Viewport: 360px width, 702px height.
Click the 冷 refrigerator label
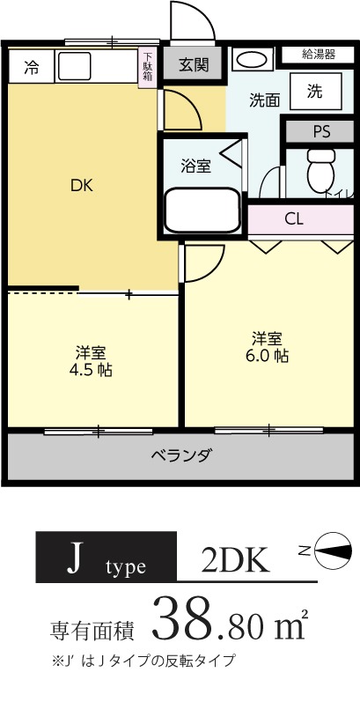pyautogui.click(x=32, y=66)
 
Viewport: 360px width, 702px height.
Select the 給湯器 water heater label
pyautogui.click(x=319, y=54)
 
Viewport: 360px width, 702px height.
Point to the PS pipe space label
pyautogui.click(x=321, y=132)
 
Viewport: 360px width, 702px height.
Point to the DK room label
pyautogui.click(x=81, y=186)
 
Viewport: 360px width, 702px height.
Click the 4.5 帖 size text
pyautogui.click(x=91, y=369)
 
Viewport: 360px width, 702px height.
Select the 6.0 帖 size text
pyautogui.click(x=268, y=355)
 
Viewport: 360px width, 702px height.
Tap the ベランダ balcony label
pyautogui.click(x=180, y=456)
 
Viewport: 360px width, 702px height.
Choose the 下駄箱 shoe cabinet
pyautogui.click(x=147, y=67)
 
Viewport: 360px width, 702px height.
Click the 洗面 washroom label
pyautogui.click(x=264, y=100)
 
